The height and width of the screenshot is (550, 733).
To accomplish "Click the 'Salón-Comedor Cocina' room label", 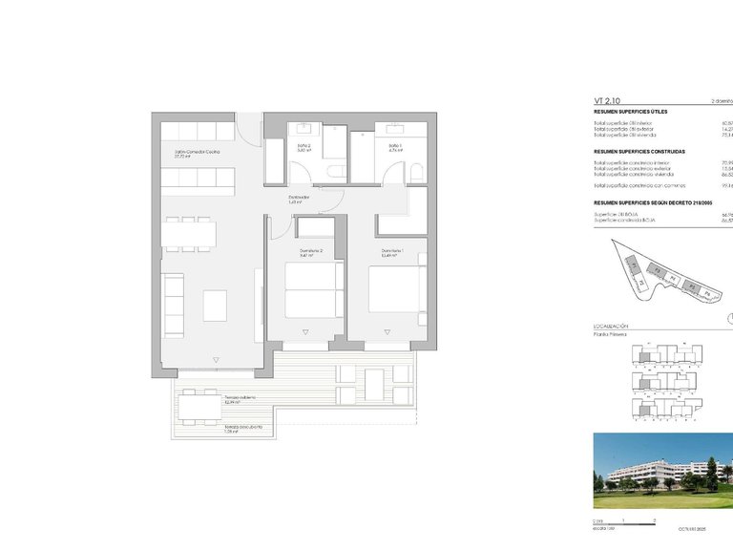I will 197,152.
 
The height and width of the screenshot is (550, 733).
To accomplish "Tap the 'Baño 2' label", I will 304,147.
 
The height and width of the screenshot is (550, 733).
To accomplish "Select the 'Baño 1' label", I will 395,147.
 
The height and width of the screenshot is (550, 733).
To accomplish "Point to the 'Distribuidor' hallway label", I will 300,200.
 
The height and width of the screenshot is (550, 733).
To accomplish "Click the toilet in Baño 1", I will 416,171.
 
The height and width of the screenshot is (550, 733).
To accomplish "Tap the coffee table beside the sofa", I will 215,305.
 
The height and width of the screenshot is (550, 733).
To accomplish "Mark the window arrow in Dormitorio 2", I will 306,331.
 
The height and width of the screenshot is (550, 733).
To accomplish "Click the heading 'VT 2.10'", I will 608,99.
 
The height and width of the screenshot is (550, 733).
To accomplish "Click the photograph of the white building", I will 662,471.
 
